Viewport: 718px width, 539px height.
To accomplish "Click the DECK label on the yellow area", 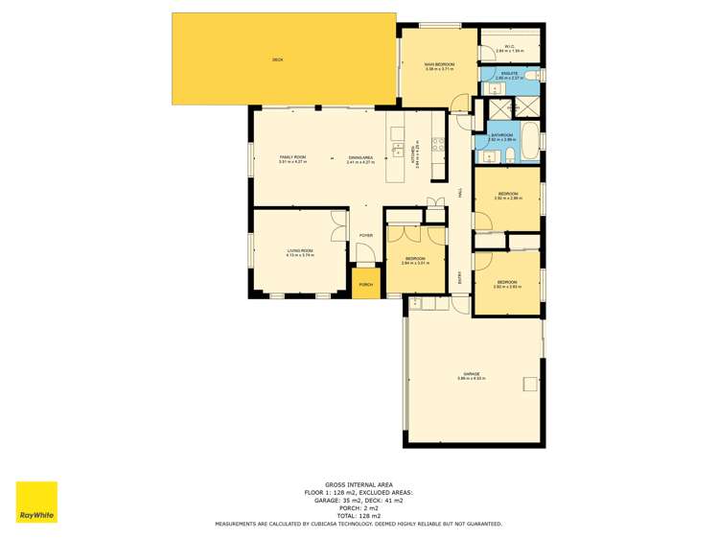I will [277, 59].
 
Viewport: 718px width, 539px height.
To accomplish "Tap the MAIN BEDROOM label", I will [438, 64].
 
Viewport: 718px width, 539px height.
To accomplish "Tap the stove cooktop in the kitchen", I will [437, 146].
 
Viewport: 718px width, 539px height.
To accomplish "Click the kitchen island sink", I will [396, 148].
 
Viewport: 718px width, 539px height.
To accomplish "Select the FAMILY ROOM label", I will [292, 157].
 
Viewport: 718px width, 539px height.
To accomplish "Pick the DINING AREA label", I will [359, 157].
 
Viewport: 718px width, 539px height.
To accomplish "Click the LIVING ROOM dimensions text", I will [300, 256].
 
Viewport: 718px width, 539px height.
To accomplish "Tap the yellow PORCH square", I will [365, 285].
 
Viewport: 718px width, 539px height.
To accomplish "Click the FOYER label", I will [366, 235].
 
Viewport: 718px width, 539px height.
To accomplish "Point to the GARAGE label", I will [472, 374].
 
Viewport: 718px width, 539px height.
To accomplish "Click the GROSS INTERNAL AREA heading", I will [359, 484].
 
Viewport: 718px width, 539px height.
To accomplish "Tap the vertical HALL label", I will [460, 192].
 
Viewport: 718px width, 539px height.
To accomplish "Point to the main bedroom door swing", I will [461, 105].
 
